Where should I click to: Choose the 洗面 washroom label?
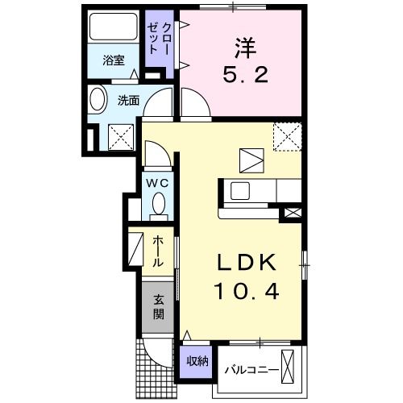[x=129, y=102]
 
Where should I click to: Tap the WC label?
[x=156, y=183]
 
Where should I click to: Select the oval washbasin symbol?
[x=98, y=102]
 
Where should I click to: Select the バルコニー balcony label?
[x=251, y=370]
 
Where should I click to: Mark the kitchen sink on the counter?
[x=240, y=191]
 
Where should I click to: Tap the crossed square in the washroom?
[x=122, y=138]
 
